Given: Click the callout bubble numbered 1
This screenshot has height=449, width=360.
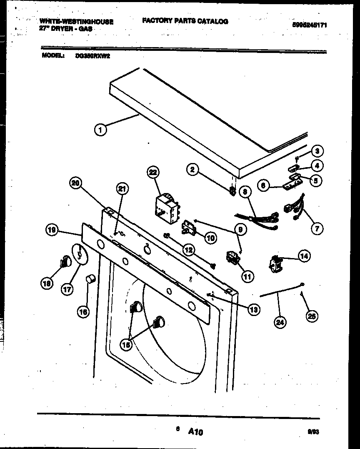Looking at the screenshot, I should tap(100, 130).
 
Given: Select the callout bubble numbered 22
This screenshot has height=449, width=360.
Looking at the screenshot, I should tap(153, 173).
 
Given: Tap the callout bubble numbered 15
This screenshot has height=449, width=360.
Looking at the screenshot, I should tap(126, 344).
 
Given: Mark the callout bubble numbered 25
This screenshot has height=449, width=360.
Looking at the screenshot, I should tap(311, 316).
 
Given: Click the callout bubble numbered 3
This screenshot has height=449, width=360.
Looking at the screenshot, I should tap(318, 151).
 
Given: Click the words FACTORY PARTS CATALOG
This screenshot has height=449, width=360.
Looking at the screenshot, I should tap(185, 21).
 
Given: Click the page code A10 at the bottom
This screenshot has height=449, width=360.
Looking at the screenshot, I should tap(195, 432).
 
